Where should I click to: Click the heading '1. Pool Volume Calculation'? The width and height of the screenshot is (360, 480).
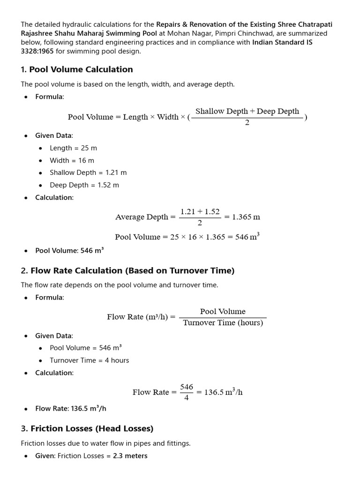[76, 69]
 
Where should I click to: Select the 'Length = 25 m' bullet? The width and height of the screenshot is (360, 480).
[73, 148]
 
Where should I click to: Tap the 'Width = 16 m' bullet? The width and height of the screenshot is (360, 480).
[72, 160]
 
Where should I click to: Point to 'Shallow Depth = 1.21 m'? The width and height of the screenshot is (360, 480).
[88, 172]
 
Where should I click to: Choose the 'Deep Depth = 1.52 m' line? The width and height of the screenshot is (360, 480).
[84, 185]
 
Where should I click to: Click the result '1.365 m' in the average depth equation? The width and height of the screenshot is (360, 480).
[246, 217]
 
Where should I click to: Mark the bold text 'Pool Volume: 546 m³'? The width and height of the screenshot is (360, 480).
[69, 250]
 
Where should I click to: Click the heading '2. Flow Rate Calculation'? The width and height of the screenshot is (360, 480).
[127, 270]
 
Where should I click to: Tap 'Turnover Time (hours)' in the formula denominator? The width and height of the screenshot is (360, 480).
[223, 323]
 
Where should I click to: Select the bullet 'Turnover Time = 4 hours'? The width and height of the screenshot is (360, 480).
[89, 360]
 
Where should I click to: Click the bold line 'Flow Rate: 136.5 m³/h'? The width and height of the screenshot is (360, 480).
[71, 408]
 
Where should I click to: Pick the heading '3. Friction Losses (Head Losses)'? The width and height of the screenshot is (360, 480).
[87, 428]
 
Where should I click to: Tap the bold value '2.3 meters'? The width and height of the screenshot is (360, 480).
[130, 456]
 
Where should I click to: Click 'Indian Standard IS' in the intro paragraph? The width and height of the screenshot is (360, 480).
[282, 42]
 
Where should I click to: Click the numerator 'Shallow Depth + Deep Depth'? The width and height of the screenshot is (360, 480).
[247, 111]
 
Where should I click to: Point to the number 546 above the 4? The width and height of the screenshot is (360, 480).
[187, 387]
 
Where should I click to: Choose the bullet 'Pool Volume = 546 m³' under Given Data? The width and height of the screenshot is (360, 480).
[86, 348]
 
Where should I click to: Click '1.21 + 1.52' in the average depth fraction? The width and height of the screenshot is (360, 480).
[200, 211]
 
